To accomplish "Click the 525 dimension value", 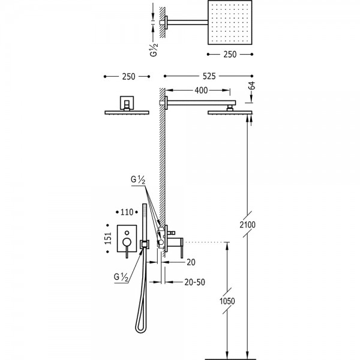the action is pos(209,76).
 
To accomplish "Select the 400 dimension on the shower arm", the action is pos(201,91).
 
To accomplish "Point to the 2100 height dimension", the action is pos(247,224).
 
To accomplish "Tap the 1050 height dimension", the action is pos(227,301).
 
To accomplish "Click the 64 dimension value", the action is pos(252,85).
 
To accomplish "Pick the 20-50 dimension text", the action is pos(194,282).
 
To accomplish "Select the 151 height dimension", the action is pos(108,238).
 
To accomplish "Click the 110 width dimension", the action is pos(127,212).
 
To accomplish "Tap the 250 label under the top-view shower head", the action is pos(230,55).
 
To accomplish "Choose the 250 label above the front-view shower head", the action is pos(128,77).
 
